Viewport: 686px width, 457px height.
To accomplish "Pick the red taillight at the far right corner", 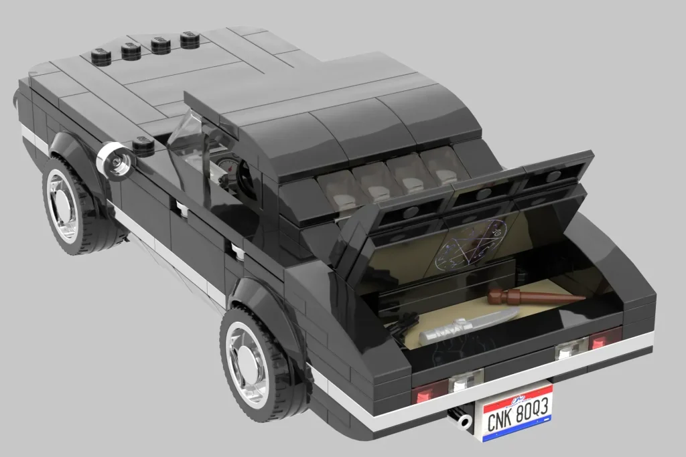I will click(x=604, y=339).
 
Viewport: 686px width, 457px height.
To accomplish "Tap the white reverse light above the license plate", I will click(x=460, y=383).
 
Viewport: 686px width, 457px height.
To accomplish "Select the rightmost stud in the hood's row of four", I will click(x=190, y=40).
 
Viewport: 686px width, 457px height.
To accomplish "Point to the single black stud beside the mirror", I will click(x=143, y=145).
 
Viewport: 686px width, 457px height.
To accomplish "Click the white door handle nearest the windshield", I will click(x=182, y=209).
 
